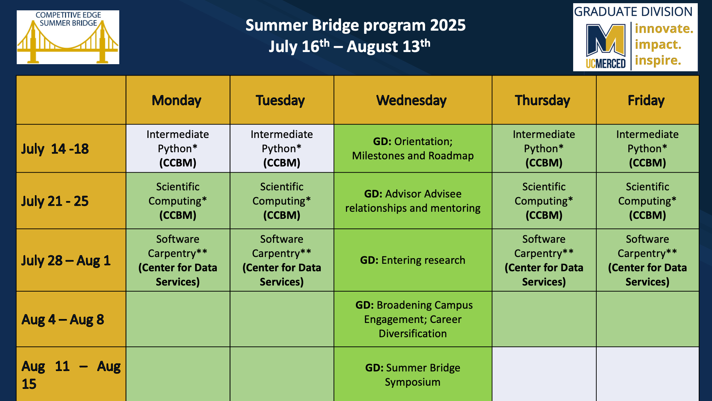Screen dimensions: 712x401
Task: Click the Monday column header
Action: pyautogui.click(x=177, y=101)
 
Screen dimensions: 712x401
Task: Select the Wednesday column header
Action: pyautogui.click(x=412, y=101)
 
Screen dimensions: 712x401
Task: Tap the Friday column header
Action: pyautogui.click(x=646, y=101)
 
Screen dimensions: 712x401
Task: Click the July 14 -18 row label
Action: pyautogui.click(x=55, y=149)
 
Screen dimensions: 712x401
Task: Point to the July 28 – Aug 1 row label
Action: pyautogui.click(x=66, y=261)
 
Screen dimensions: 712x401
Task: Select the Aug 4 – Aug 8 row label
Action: pyautogui.click(x=63, y=320)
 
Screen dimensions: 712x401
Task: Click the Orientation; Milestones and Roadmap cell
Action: pyautogui.click(x=413, y=149)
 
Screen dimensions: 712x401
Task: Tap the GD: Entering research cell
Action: pyautogui.click(x=413, y=260)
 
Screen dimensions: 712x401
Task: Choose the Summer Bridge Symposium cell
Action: pyautogui.click(x=413, y=375)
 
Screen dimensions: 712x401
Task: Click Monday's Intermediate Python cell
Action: pyautogui.click(x=178, y=148)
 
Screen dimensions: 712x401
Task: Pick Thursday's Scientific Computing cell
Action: pyautogui.click(x=544, y=201)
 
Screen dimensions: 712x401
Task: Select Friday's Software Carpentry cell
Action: pyautogui.click(x=648, y=260)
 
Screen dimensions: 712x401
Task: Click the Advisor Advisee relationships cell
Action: pyautogui.click(x=413, y=201)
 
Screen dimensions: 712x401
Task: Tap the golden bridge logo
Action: pyautogui.click(x=68, y=37)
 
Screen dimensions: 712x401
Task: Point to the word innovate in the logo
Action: pyautogui.click(x=664, y=29)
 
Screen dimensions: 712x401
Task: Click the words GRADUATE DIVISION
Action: pyautogui.click(x=633, y=12)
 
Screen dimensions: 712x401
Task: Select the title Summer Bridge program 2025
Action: pyautogui.click(x=356, y=25)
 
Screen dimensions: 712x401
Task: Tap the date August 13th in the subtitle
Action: pyautogui.click(x=388, y=46)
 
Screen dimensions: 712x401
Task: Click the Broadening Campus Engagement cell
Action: pyautogui.click(x=413, y=319)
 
